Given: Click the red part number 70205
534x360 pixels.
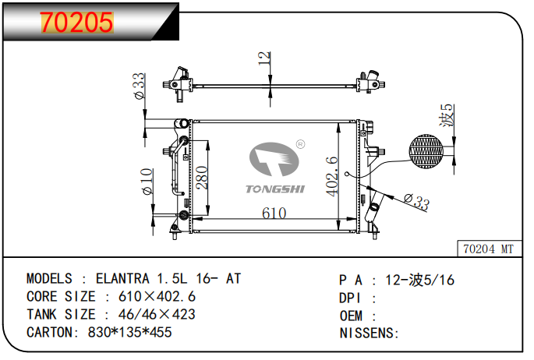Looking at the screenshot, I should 77,23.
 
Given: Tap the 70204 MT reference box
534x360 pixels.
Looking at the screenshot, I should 488,249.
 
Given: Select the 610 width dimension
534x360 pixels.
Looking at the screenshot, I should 274,213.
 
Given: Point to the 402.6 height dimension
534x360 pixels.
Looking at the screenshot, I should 332,177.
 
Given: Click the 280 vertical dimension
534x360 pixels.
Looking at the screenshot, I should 202,181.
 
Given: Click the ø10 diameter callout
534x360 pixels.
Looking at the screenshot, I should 146,182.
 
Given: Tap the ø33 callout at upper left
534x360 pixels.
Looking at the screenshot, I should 139,86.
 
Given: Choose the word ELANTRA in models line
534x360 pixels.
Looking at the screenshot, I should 123,278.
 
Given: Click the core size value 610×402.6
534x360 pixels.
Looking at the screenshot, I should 157,296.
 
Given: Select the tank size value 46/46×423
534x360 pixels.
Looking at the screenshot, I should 156,314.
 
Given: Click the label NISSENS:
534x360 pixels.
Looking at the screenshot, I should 370,333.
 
